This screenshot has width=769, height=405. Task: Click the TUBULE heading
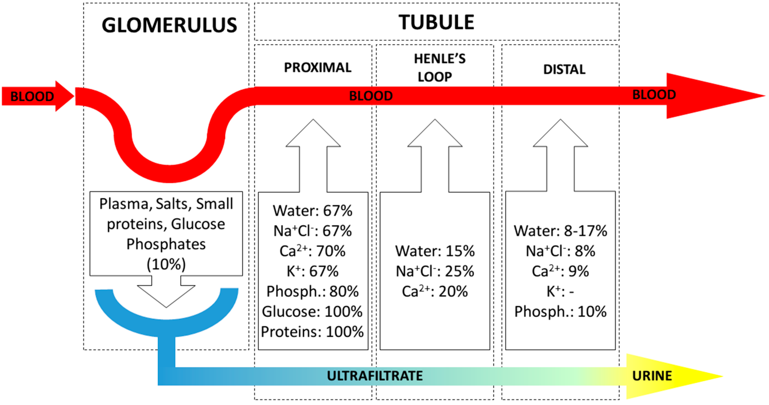tap(437, 22)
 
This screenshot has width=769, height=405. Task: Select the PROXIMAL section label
tap(318, 68)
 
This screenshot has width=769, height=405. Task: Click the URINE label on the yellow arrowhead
tap(652, 376)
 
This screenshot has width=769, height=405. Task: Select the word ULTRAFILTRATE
tap(375, 376)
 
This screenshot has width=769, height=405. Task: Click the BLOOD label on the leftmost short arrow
tap(32, 96)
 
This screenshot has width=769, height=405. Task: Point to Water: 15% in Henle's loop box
tap(435, 251)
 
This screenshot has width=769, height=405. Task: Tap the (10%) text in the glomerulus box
tap(166, 264)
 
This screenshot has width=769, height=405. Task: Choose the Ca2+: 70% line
tap(312, 251)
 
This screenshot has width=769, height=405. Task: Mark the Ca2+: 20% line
tap(435, 291)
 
